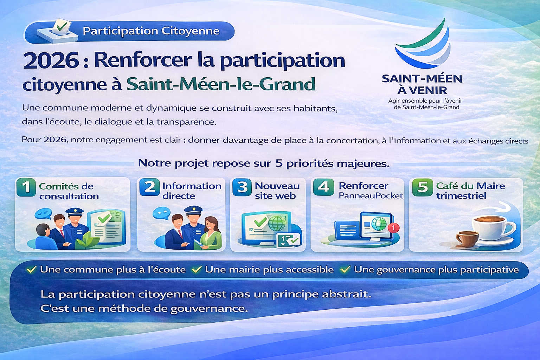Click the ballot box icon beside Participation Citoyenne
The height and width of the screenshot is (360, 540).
[57, 31]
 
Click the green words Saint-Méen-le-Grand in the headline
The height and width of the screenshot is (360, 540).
[221, 84]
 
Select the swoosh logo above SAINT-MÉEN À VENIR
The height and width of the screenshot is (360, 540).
[423, 44]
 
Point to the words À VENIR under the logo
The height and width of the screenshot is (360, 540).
[422, 90]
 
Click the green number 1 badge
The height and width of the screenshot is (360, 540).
[26, 187]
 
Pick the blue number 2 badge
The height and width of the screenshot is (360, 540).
[149, 187]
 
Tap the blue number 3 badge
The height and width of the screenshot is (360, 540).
[242, 187]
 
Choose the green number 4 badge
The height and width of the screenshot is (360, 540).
[323, 187]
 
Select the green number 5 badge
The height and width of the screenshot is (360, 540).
[422, 187]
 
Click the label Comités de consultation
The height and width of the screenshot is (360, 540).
[69, 191]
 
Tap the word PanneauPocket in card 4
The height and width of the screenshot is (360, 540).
[371, 195]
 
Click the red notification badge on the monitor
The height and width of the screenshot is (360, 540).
[393, 227]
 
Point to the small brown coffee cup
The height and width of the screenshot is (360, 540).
[467, 239]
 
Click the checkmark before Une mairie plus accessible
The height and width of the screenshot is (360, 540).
[197, 269]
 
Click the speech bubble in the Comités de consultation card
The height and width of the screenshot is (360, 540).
[43, 214]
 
